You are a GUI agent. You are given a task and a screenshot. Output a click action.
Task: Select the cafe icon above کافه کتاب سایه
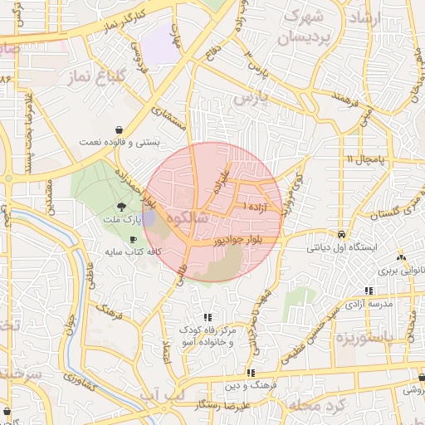point(133,239)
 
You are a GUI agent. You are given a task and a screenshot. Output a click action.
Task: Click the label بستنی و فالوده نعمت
point(120,143)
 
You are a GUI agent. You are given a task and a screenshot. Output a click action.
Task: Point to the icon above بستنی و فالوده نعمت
point(121,129)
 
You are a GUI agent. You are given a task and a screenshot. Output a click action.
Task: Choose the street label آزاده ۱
point(253,205)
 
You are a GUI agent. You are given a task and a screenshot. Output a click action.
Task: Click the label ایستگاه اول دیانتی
point(342,247)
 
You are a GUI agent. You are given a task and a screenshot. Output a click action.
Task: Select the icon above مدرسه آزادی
point(369,291)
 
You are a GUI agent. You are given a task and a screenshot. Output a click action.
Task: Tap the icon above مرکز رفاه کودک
point(208,316)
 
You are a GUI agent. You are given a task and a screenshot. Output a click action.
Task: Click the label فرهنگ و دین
point(252,387)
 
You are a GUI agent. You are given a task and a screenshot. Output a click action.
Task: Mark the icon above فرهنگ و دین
point(252,374)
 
